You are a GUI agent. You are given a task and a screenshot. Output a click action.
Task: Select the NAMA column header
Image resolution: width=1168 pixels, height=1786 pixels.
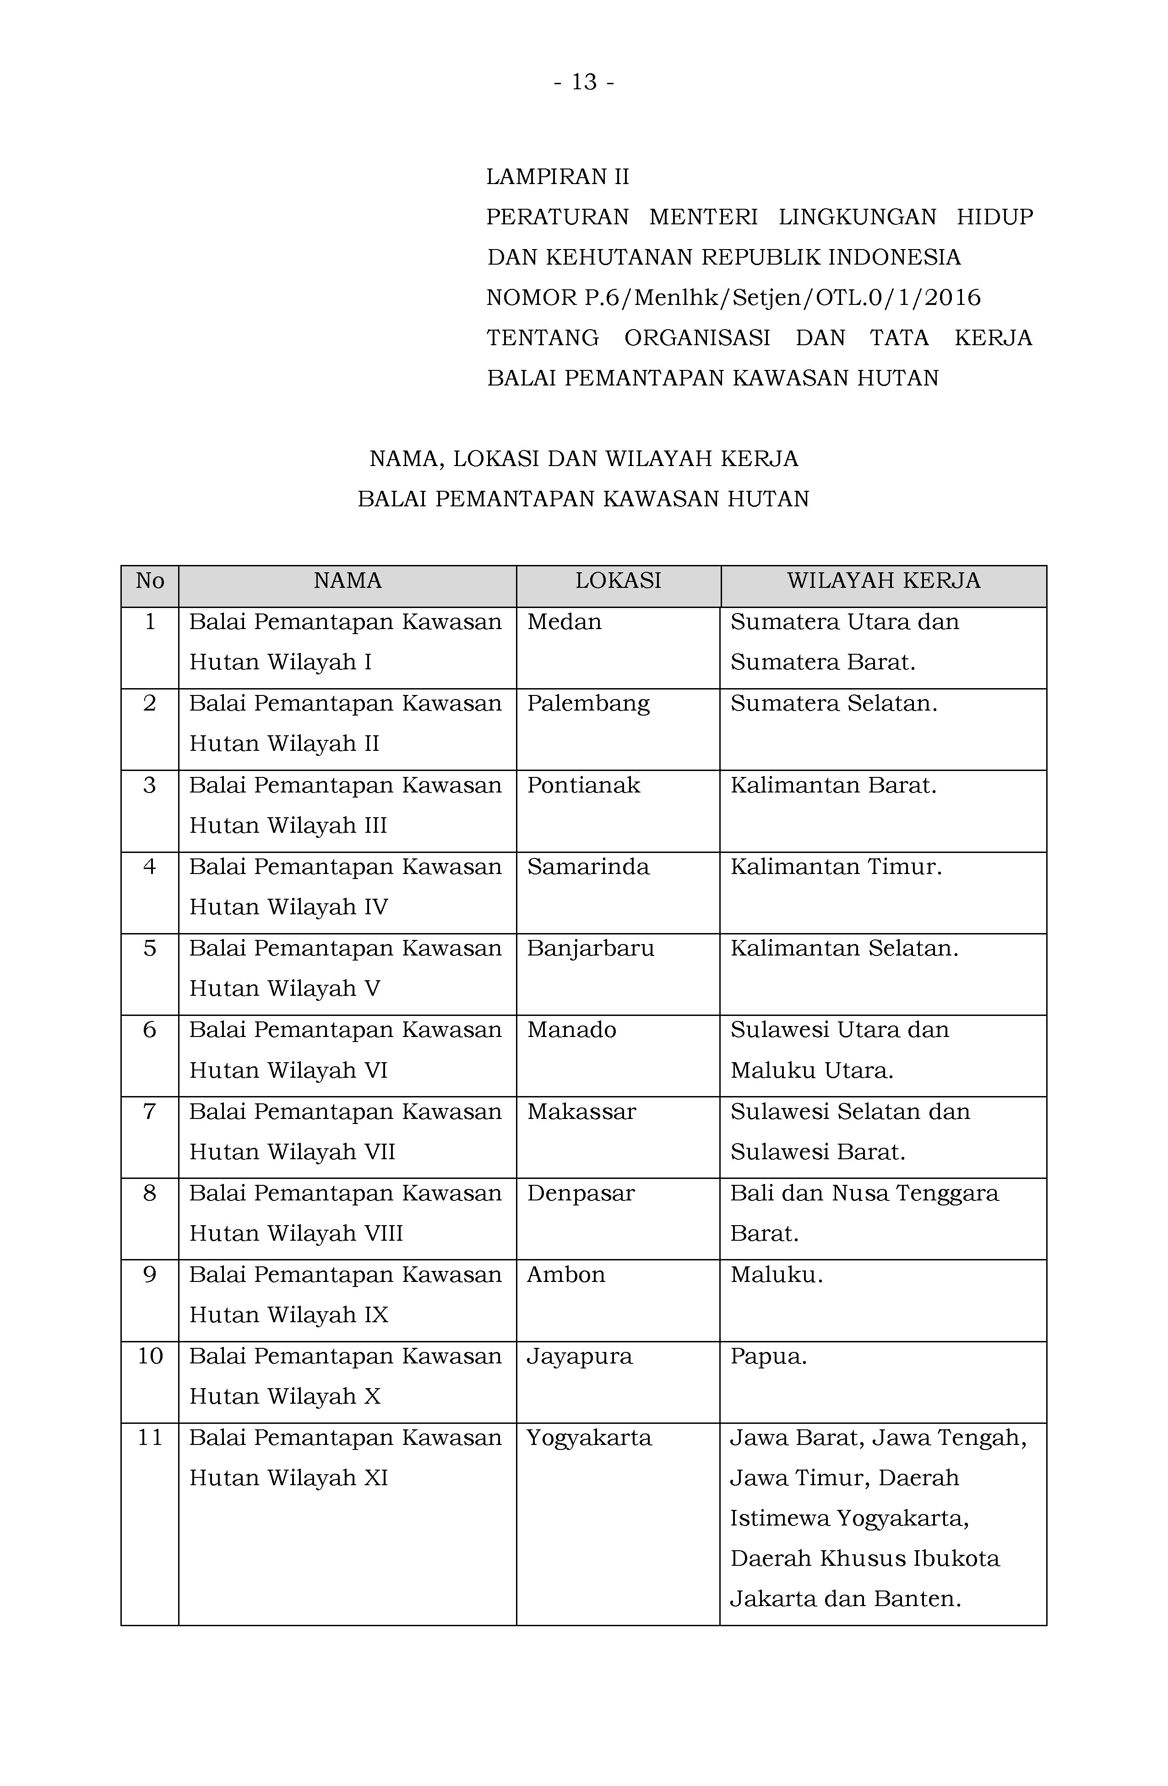click(x=348, y=581)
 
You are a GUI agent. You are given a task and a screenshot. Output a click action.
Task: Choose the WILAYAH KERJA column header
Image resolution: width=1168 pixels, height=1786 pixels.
click(x=884, y=581)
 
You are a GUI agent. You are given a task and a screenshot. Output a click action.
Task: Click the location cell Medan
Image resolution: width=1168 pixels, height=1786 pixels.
click(x=565, y=622)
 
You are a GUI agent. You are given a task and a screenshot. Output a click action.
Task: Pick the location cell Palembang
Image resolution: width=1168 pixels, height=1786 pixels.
click(x=588, y=704)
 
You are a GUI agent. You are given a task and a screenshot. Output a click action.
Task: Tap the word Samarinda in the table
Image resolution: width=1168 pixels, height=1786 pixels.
click(x=588, y=868)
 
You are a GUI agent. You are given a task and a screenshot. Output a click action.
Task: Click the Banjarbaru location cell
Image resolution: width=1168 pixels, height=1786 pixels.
click(x=591, y=949)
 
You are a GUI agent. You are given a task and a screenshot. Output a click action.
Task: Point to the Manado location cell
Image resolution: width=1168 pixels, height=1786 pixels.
click(x=572, y=1030)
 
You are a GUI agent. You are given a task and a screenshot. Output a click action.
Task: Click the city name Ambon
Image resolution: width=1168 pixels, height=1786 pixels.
click(x=566, y=1275)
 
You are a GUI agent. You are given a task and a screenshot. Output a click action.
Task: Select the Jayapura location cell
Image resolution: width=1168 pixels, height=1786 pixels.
click(x=580, y=1357)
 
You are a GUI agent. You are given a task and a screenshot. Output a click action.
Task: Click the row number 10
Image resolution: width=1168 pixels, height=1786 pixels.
click(x=150, y=1357)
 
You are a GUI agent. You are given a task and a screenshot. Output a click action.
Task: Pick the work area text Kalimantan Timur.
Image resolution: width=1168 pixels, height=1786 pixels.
click(x=836, y=868)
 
